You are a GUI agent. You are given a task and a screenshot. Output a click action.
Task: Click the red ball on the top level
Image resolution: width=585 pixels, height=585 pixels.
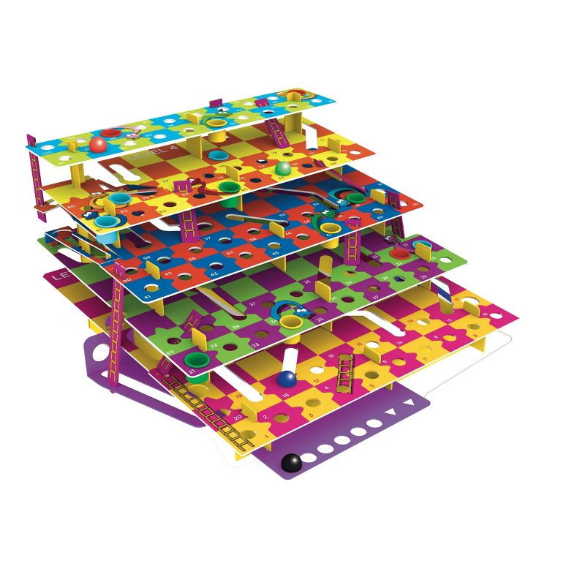click(99, 143)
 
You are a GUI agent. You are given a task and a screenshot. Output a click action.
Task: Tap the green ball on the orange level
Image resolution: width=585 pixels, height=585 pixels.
click(283, 168)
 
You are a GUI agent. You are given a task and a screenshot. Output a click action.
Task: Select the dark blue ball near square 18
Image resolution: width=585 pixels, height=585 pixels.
click(287, 379)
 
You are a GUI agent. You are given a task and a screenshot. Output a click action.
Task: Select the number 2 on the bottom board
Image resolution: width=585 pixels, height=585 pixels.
click(265, 417)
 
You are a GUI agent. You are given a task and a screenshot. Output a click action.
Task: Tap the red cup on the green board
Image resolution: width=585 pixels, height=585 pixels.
click(399, 253)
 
